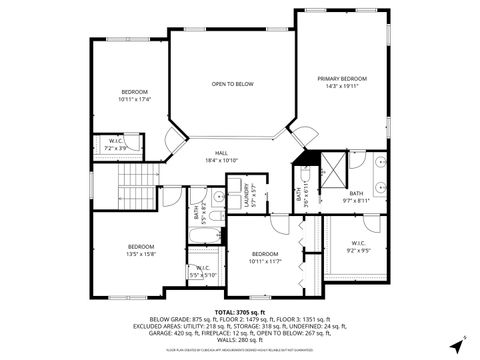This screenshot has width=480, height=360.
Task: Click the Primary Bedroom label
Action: point(342,78)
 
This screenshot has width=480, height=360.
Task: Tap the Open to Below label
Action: point(231,84)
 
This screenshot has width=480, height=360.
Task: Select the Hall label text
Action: point(221,153)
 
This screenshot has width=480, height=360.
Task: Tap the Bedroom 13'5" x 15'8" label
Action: point(140,249)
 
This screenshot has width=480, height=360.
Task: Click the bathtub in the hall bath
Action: point(200,236)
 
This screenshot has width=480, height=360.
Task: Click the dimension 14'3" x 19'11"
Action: point(342,87)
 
